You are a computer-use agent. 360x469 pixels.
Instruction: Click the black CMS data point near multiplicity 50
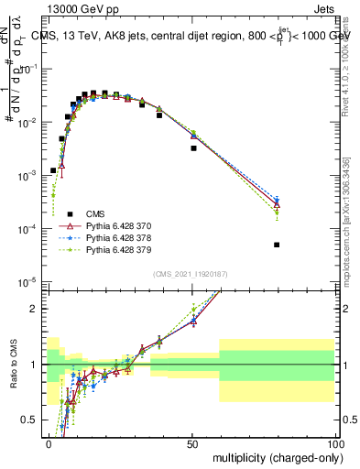pos(193,147)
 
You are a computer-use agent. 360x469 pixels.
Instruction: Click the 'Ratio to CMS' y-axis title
pos(12,365)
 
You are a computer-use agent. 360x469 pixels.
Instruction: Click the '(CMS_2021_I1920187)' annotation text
pos(190,272)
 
